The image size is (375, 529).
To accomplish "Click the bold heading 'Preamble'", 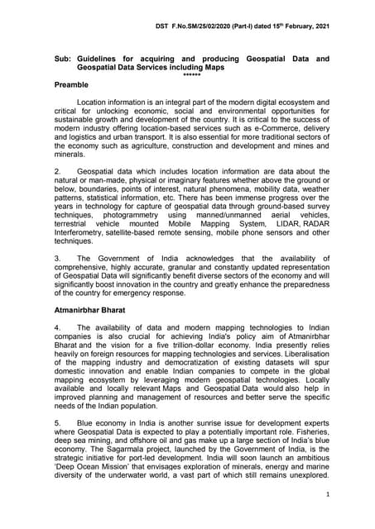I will (72, 85).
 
